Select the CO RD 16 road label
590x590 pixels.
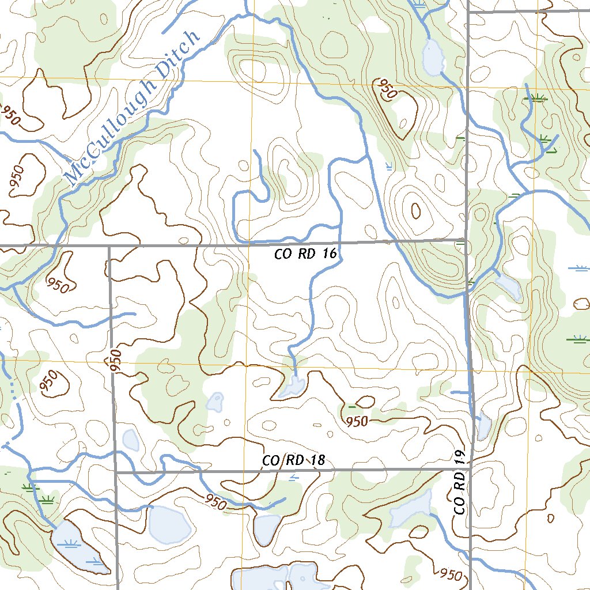pos(305,254)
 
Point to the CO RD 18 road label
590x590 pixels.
pos(294,460)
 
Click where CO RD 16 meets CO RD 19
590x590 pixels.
pos(466,239)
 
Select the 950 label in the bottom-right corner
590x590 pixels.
pos(451,574)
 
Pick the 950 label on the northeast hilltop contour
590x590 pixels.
pos(386,89)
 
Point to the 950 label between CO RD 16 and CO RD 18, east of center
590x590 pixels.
pos(357,421)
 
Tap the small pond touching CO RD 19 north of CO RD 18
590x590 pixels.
pos(483,426)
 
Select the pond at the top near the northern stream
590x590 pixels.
pos(432,56)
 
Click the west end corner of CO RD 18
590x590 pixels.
pos(116,472)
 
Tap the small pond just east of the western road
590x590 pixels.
pos(131,440)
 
